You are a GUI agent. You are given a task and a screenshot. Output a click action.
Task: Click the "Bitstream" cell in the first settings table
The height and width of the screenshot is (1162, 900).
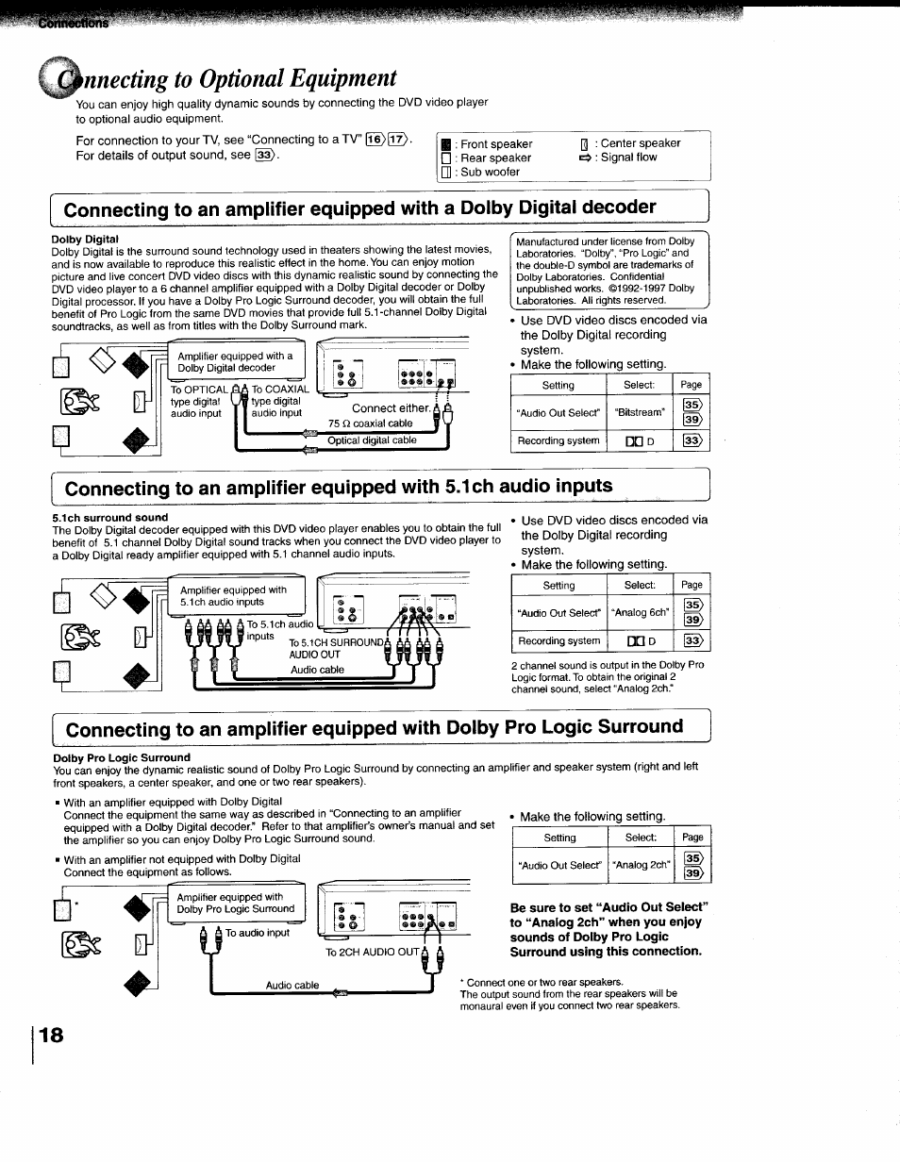(x=640, y=412)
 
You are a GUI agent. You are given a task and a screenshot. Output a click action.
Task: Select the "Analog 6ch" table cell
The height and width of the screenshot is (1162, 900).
(x=641, y=612)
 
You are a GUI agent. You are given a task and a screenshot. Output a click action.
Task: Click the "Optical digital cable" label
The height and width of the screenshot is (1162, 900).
(x=372, y=440)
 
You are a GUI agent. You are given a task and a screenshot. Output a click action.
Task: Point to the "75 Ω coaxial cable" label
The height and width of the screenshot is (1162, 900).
(x=370, y=423)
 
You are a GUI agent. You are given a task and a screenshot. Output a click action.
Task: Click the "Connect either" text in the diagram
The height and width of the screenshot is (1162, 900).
(x=391, y=408)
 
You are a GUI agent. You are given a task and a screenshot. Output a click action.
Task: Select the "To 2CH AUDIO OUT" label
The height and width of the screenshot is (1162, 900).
(x=372, y=953)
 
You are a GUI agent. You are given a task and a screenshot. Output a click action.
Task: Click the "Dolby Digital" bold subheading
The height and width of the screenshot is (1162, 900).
(x=85, y=240)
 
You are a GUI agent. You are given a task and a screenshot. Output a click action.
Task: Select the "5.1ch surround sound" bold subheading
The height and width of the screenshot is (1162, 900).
(x=109, y=517)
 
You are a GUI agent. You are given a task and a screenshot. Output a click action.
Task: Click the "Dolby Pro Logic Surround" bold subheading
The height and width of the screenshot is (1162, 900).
(x=122, y=757)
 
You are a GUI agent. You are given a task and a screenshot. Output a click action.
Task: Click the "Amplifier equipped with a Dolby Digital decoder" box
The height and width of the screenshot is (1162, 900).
(x=236, y=362)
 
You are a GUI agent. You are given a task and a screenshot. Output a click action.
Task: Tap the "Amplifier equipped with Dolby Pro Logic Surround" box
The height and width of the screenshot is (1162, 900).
(x=236, y=903)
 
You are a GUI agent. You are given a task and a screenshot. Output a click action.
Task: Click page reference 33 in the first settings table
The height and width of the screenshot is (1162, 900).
(x=692, y=440)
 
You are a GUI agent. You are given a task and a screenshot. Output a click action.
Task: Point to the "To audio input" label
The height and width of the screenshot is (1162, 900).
(x=258, y=933)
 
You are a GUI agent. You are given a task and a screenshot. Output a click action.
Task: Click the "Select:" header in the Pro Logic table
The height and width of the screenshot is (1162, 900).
(x=640, y=838)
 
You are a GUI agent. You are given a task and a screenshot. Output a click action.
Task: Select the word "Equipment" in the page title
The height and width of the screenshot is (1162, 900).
(x=329, y=77)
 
